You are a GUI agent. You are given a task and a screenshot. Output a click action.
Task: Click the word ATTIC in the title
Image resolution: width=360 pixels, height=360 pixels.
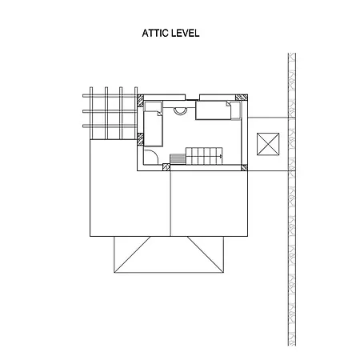(155, 33)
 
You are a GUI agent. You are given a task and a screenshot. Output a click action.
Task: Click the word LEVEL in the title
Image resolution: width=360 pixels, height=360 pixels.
(186, 33)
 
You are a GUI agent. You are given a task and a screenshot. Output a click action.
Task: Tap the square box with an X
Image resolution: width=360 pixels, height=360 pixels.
(268, 144)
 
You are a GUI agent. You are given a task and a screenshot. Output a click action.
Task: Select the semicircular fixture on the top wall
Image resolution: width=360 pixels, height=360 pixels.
(180, 111)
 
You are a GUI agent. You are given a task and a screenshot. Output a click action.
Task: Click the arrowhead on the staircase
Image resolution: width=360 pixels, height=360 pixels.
(221, 156)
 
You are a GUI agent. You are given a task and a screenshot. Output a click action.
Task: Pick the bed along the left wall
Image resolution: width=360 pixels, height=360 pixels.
(153, 129)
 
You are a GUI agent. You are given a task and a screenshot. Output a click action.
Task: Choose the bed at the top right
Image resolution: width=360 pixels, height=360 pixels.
(214, 110)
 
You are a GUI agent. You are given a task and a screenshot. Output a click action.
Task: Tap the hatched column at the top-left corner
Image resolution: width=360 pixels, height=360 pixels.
(140, 101)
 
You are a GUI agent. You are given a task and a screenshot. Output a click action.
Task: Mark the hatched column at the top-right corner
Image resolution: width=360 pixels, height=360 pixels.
(242, 98)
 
